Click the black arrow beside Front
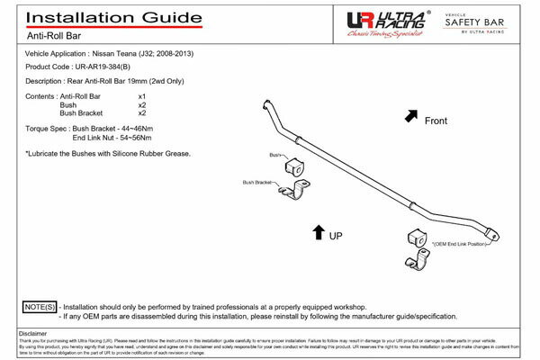[x=412, y=115]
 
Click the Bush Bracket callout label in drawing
[x=256, y=182]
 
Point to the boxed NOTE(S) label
[x=39, y=307]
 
